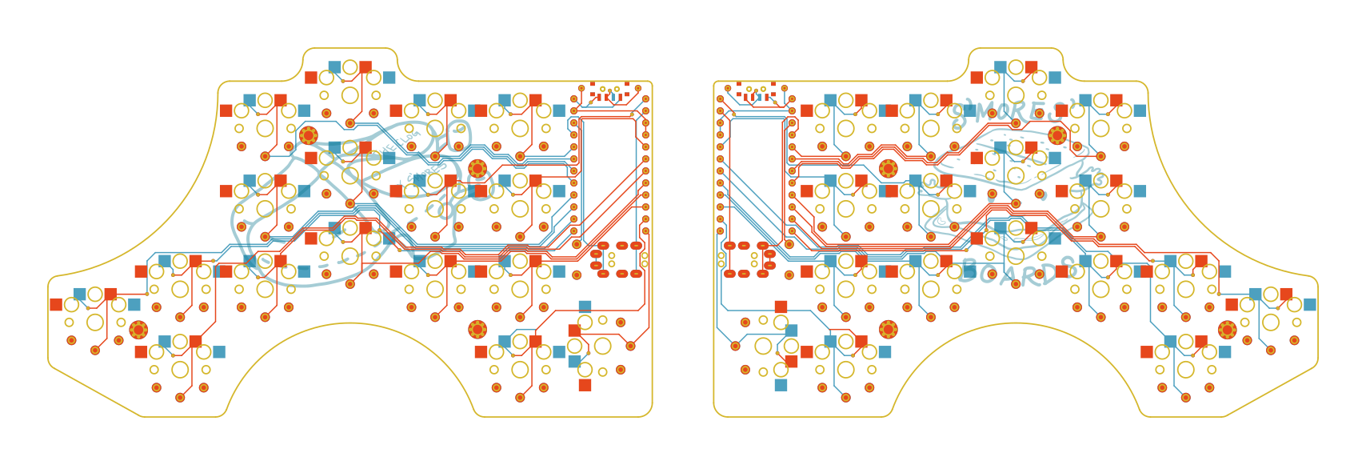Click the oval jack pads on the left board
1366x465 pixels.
click(x=619, y=259)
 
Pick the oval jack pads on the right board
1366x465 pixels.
click(x=748, y=259)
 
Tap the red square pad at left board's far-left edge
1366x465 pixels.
click(x=56, y=304)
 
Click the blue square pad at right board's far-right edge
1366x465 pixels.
click(x=1310, y=304)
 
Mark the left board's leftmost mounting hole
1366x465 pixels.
click(x=138, y=329)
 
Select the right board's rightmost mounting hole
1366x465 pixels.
click(x=1228, y=329)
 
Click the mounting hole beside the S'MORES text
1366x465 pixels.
click(x=1057, y=135)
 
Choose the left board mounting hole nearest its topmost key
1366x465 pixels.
click(x=308, y=135)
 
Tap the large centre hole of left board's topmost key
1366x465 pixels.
click(x=349, y=95)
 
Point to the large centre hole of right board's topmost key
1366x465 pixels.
click(x=1016, y=95)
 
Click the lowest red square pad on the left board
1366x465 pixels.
click(x=585, y=385)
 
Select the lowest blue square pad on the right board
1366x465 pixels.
click(x=781, y=385)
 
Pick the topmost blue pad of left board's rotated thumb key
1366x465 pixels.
click(x=585, y=306)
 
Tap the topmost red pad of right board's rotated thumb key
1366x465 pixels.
click(x=781, y=306)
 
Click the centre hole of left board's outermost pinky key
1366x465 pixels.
click(x=95, y=323)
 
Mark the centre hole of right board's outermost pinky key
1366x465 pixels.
click(x=1271, y=323)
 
